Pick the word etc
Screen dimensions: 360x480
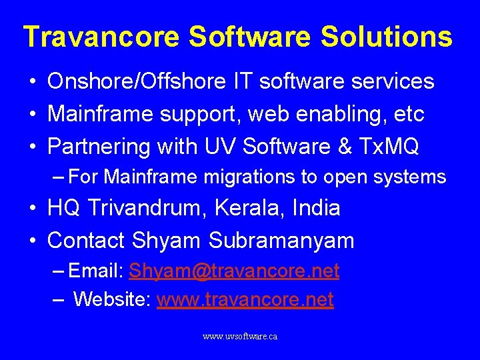409,114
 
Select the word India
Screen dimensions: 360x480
317,208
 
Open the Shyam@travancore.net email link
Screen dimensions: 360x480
234,271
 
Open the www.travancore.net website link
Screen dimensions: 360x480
245,300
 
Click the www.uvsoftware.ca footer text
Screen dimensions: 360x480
240,337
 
